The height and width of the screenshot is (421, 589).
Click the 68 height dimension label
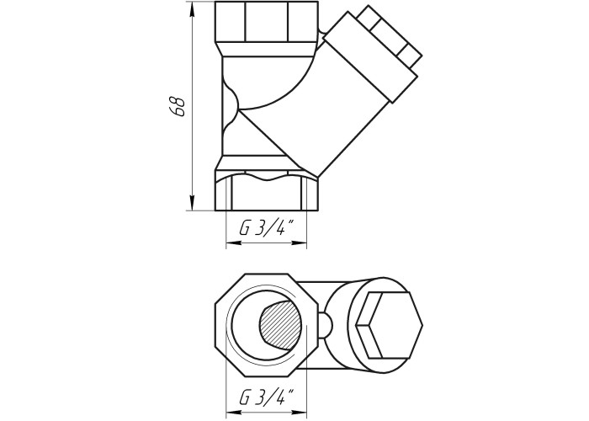coord(177,107)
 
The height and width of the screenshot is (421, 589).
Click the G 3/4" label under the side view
coord(267,228)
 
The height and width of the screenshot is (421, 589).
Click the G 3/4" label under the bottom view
coord(267,397)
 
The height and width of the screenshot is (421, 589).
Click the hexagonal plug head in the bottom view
coord(389,325)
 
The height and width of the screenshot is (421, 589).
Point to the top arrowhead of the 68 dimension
coord(192,9)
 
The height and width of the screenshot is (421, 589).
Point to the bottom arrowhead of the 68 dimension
coord(192,204)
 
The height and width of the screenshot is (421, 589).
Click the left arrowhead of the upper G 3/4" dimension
coord(233,242)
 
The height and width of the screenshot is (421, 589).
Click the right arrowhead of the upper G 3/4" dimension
coord(300,242)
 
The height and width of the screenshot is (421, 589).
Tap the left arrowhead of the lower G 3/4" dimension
coord(233,412)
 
